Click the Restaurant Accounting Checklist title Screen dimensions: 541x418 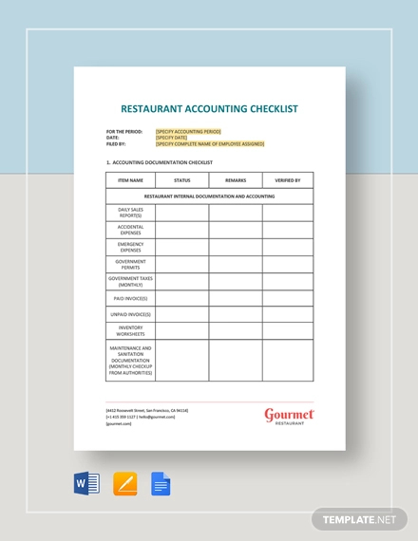pyautogui.click(x=209, y=109)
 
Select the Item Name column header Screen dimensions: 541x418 pyautogui.click(x=131, y=179)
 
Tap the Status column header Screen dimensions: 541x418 pyautogui.click(x=181, y=179)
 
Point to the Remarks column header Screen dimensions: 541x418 pyautogui.click(x=236, y=179)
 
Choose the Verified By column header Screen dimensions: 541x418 pyautogui.click(x=288, y=179)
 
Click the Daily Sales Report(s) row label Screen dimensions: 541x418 pyautogui.click(x=131, y=213)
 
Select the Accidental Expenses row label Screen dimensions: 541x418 pyautogui.click(x=131, y=230)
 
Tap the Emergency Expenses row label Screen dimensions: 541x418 pyautogui.click(x=131, y=247)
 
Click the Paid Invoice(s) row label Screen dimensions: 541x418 pyautogui.click(x=131, y=298)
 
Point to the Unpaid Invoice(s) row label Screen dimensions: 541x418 pyautogui.click(x=131, y=314)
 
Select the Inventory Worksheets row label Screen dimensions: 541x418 pyautogui.click(x=131, y=331)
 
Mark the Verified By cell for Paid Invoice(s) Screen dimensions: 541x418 pyautogui.click(x=288, y=298)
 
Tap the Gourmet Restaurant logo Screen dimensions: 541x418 pyautogui.click(x=288, y=416)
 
